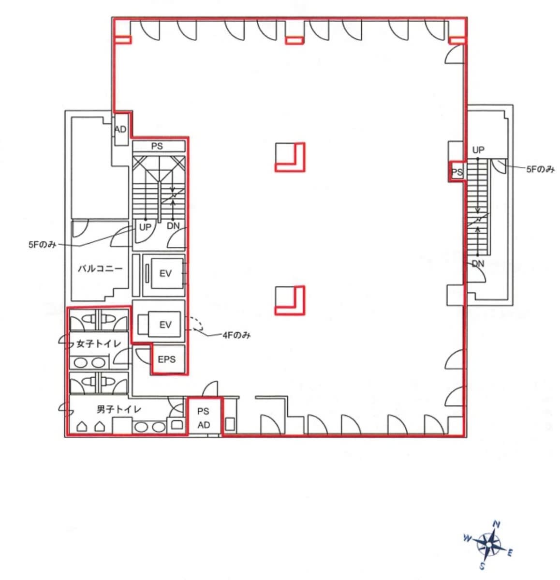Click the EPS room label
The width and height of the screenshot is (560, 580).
pos(166,359)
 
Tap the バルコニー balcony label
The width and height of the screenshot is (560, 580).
pos(100,268)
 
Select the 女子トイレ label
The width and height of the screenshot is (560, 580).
pos(98,344)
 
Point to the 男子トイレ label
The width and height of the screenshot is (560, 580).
pos(119,409)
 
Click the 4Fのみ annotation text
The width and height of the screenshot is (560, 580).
pos(236,335)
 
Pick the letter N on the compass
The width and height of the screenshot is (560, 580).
pos(497,524)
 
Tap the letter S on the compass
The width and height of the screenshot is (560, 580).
pos(482,565)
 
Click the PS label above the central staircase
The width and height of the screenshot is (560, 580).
pos(157,146)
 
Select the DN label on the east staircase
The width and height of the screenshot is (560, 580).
pos(478,264)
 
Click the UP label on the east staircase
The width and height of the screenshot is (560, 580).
pos(478,150)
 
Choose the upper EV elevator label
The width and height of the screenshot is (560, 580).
pos(165,273)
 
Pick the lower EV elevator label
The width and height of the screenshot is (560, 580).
pos(165,325)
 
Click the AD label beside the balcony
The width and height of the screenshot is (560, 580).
pos(120,129)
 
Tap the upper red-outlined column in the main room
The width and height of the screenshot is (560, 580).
pos(290,157)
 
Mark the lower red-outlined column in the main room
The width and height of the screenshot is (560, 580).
pos(290,300)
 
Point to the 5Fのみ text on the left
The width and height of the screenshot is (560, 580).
pos(42,245)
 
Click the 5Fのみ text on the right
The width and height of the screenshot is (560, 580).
pos(540,169)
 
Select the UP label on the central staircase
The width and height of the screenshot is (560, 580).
pos(145,227)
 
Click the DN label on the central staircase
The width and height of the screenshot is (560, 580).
pos(173,225)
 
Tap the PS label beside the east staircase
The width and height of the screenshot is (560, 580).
pos(457,172)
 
